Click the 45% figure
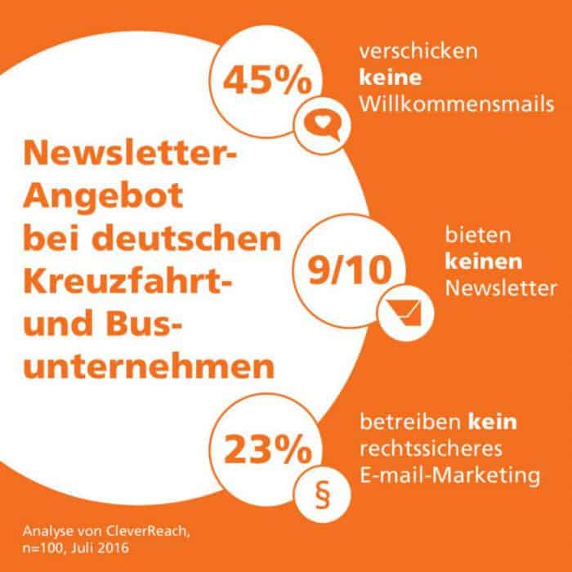[267, 81]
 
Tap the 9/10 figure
[350, 270]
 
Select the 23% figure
[267, 449]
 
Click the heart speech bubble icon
[323, 126]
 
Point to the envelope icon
[405, 313]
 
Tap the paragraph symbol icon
[323, 495]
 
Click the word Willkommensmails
[457, 105]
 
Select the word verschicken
[418, 51]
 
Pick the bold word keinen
[484, 261]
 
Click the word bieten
[478, 235]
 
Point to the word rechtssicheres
[431, 449]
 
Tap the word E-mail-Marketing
[450, 476]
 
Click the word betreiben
[410, 422]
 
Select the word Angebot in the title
[103, 196]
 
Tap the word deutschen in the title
[186, 239]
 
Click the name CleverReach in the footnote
[146, 531]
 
